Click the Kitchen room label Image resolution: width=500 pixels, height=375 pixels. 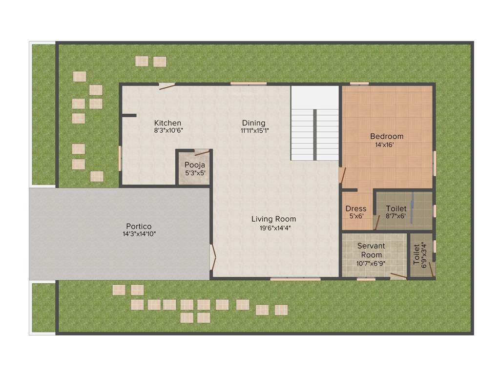167,123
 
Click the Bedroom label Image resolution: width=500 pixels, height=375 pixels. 387,136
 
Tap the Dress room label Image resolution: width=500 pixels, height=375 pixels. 355,208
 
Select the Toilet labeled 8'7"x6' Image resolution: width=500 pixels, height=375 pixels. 396,212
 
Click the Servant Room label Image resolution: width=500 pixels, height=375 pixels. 371,250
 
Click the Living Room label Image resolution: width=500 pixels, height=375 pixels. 273,219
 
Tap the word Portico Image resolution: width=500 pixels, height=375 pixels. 139,226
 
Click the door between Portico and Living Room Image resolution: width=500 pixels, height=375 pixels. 212,257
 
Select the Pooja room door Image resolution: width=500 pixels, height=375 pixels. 201,152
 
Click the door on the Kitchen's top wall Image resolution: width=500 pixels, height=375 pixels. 167,86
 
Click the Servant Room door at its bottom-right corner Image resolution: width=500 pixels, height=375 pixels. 398,276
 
